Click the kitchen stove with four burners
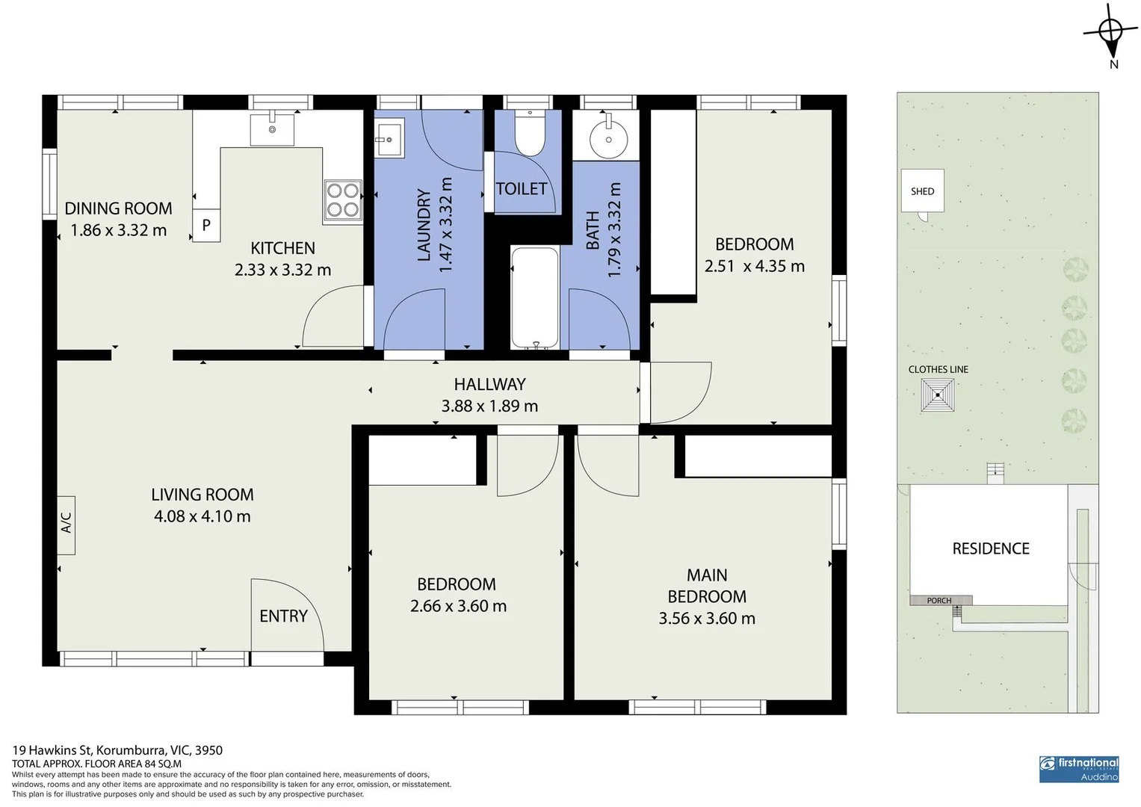343,200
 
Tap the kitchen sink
272,129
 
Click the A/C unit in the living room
67,525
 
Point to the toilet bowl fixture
530,134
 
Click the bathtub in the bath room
534,298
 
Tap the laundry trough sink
389,139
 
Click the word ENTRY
283,616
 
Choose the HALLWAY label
489,385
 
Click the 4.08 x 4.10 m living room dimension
202,516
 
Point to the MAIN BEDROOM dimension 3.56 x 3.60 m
706,619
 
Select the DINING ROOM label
118,208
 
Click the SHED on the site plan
923,192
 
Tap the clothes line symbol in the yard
937,395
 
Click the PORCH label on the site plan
939,601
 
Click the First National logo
1079,768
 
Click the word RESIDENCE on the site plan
990,549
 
